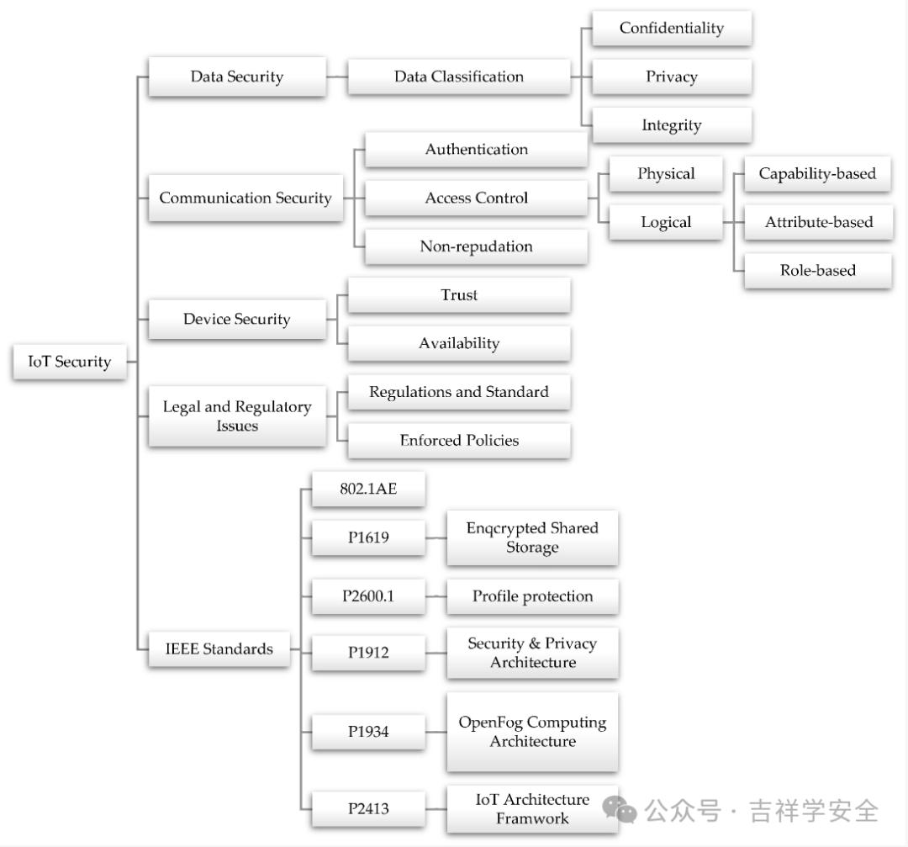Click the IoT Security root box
(x=70, y=362)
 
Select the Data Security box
(x=237, y=77)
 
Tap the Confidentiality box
(x=671, y=28)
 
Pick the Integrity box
(x=671, y=125)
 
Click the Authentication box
(x=476, y=150)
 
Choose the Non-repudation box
(x=476, y=246)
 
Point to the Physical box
(x=666, y=174)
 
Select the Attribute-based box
(x=818, y=222)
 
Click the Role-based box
(x=818, y=270)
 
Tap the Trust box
(x=459, y=295)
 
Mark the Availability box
(x=459, y=343)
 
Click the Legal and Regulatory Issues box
(x=237, y=416)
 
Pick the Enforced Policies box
(x=459, y=440)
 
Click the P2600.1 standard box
(x=368, y=596)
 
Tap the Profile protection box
(x=532, y=596)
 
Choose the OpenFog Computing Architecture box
(x=532, y=732)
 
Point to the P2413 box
(x=368, y=809)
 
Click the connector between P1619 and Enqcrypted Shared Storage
(x=436, y=537)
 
